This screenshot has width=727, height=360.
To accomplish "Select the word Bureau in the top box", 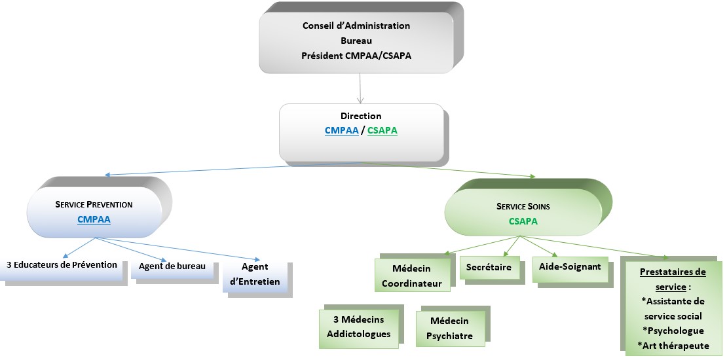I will click(356, 41).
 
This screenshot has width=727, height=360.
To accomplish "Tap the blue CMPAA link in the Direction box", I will click(342, 130).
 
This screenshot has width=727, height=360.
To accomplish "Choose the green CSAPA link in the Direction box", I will click(382, 130).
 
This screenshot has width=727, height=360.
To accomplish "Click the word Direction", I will click(361, 116).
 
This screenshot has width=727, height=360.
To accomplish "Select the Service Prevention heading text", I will click(94, 204).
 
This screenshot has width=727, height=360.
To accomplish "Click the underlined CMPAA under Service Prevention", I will click(94, 220).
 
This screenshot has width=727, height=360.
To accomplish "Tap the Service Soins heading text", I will click(523, 206).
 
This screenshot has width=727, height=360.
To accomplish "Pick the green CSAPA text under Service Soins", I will click(523, 221).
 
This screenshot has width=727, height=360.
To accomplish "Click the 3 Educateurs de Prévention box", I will click(62, 266).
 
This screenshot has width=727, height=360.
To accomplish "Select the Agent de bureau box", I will click(172, 266).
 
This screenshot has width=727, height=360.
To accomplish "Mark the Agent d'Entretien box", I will click(255, 275).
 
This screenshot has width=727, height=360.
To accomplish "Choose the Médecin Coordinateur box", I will click(412, 276).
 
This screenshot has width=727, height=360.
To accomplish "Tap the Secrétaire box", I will click(489, 267).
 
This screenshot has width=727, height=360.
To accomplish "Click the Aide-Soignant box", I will click(566, 267).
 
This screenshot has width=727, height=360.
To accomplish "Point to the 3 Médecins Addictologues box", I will click(358, 326).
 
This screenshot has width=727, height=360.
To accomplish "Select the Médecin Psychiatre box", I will click(449, 329).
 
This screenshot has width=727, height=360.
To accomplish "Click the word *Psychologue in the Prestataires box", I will click(674, 331).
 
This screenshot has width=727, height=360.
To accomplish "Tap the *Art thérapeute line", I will click(673, 345).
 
